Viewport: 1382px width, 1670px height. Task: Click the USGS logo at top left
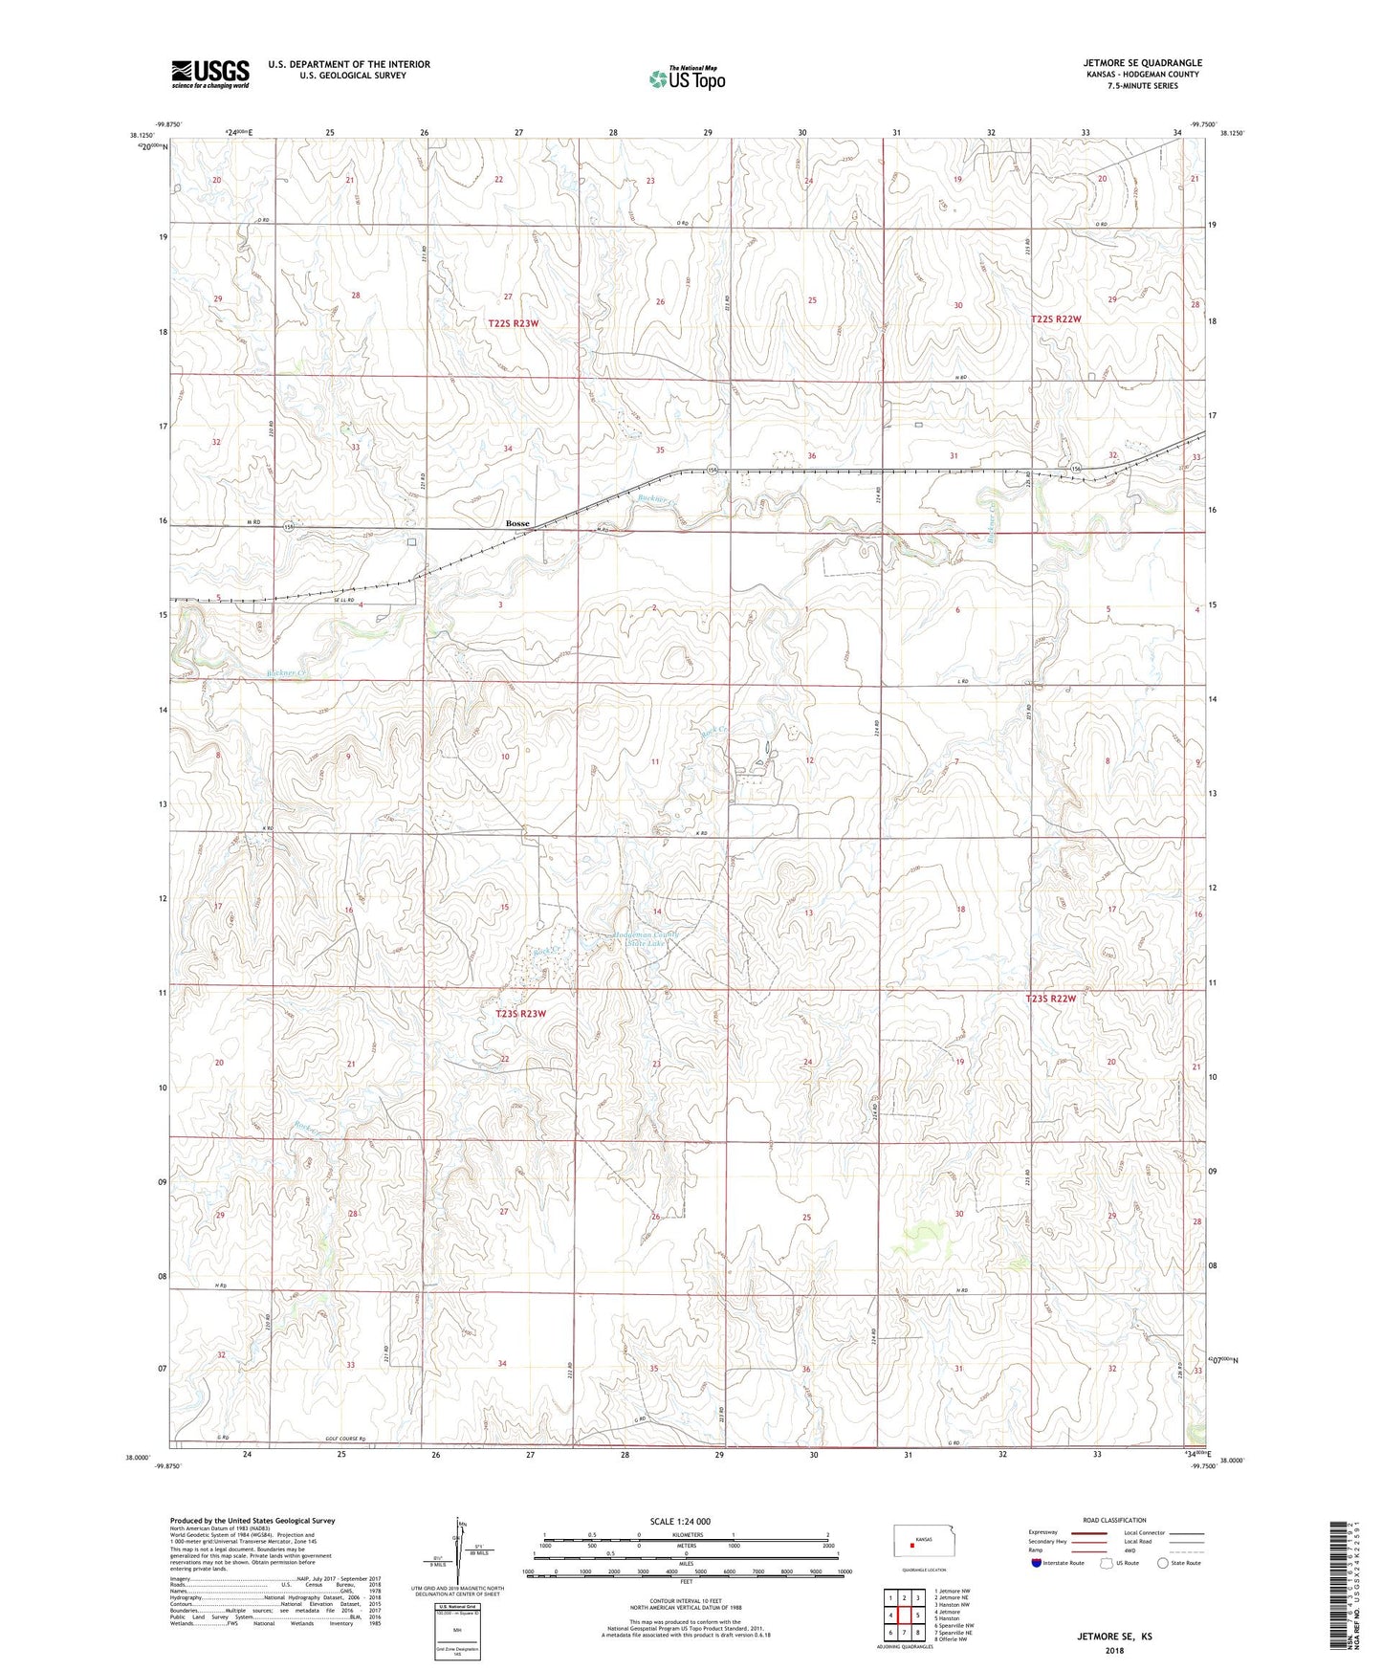coord(210,74)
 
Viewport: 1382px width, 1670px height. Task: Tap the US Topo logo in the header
coord(687,78)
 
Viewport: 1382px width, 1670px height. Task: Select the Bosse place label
coord(517,524)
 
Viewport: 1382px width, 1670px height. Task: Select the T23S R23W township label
coord(520,1014)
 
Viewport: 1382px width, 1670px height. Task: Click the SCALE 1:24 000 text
coord(680,1521)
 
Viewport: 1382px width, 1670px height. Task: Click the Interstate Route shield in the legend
coord(1037,1563)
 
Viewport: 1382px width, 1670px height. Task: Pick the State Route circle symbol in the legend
coord(1163,1563)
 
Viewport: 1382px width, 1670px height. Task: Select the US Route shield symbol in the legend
coord(1107,1563)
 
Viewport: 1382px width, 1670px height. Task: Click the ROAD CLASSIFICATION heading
coord(1115,1520)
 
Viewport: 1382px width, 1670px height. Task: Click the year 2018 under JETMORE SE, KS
coord(1115,1650)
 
